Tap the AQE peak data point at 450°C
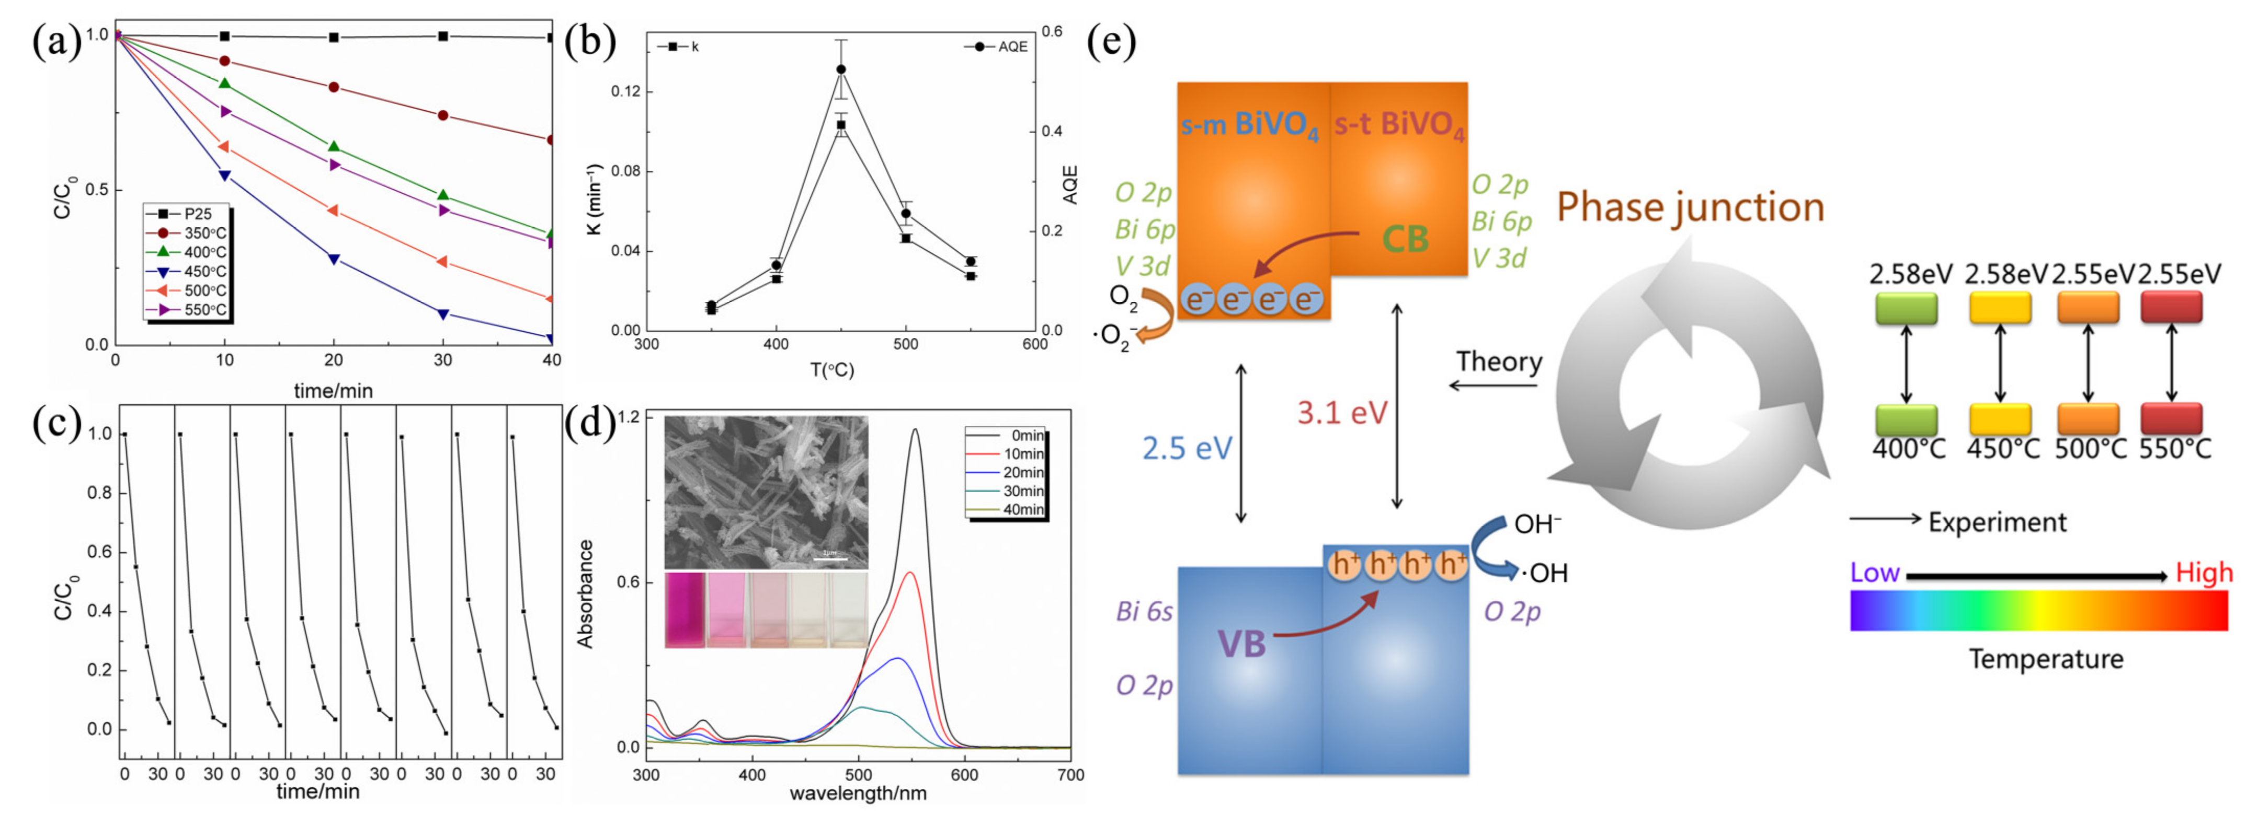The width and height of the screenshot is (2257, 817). click(x=841, y=69)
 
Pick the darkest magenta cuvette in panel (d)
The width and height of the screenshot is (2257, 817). click(x=685, y=610)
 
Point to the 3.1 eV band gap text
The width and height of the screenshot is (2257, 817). click(x=1341, y=413)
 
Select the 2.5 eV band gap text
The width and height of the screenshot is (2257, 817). click(x=1187, y=448)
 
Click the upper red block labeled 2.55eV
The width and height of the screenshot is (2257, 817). click(x=2170, y=307)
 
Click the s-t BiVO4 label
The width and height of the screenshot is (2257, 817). click(x=1398, y=125)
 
